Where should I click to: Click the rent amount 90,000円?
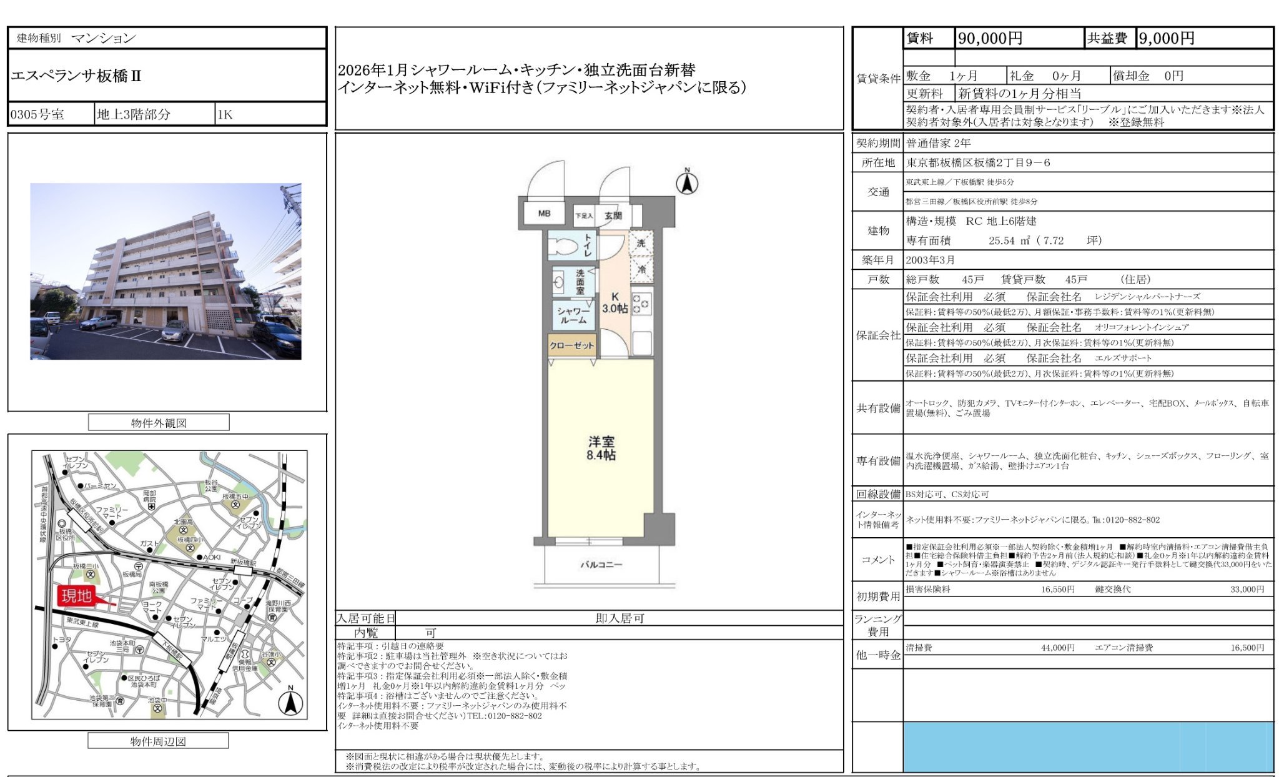click(990, 39)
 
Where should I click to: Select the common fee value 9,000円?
click(1167, 39)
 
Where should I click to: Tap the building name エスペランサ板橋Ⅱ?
click(76, 76)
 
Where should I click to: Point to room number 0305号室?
click(37, 115)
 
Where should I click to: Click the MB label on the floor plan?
click(544, 214)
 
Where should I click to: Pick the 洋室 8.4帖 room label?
click(601, 448)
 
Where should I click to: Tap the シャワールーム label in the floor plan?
click(573, 315)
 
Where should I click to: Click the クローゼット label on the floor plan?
click(571, 345)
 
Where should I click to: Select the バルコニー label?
click(601, 565)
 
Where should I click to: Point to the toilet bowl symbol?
click(563, 246)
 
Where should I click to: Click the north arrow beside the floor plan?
click(687, 182)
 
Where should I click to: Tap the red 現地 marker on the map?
click(77, 596)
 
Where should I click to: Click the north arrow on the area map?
click(290, 702)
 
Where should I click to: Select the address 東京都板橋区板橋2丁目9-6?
click(978, 163)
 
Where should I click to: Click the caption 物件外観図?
click(159, 423)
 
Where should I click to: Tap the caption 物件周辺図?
click(158, 741)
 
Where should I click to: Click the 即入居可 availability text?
click(620, 618)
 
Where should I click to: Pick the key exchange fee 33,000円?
click(1247, 590)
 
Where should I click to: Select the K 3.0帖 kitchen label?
click(615, 303)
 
